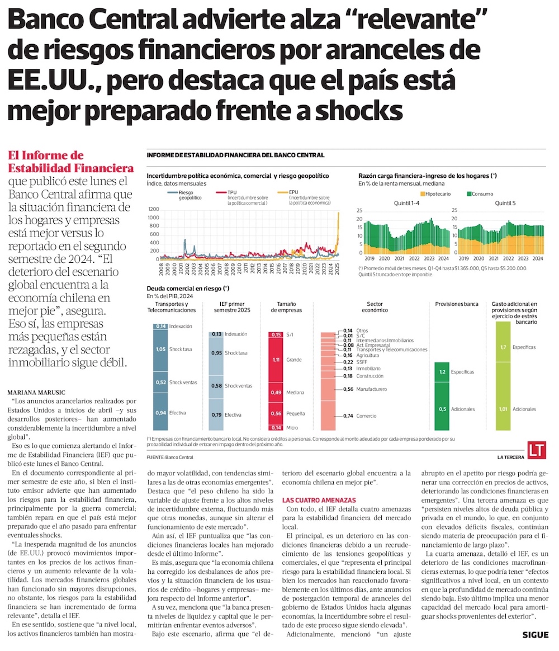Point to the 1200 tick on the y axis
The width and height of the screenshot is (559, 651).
[153, 210]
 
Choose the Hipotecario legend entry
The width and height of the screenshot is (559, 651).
[435, 194]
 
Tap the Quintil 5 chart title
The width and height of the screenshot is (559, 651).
[505, 203]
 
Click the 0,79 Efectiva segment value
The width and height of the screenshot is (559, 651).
[217, 414]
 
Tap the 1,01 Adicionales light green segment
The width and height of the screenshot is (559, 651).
[503, 409]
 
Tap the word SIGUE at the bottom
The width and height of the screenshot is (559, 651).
[536, 635]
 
